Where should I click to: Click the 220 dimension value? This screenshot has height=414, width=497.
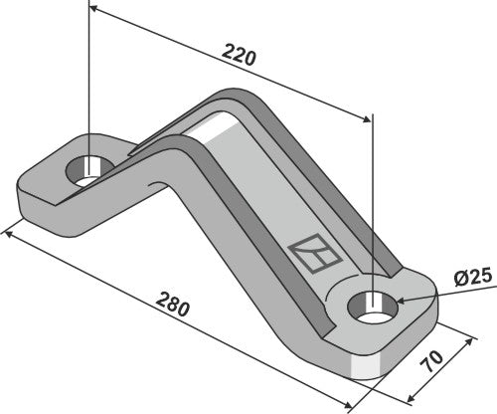coord(240,56)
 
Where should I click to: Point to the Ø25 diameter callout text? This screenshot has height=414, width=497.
coord(468,277)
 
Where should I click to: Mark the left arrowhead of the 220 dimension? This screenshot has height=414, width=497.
coord(93,9)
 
